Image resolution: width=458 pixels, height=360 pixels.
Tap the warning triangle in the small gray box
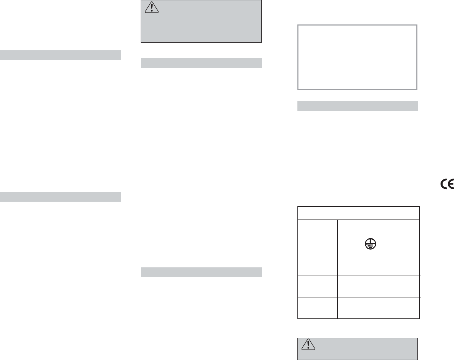(308, 345)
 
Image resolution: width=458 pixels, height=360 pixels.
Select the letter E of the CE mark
(451, 184)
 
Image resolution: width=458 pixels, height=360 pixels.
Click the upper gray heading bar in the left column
(60, 55)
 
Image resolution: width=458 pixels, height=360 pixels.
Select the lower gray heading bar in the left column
(60, 196)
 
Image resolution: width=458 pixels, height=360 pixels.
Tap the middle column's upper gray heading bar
(201, 63)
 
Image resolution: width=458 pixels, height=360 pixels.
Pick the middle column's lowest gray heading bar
(201, 272)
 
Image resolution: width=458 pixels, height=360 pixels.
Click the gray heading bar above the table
(357, 106)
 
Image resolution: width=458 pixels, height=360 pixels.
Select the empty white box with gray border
(357, 57)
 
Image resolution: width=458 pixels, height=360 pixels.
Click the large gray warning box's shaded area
(210, 28)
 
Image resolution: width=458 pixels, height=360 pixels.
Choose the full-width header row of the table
(358, 213)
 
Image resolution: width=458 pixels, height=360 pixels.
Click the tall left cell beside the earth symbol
(317, 247)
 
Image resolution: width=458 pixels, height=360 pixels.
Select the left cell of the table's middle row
(317, 286)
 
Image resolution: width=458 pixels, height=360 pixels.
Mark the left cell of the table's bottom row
(317, 308)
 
